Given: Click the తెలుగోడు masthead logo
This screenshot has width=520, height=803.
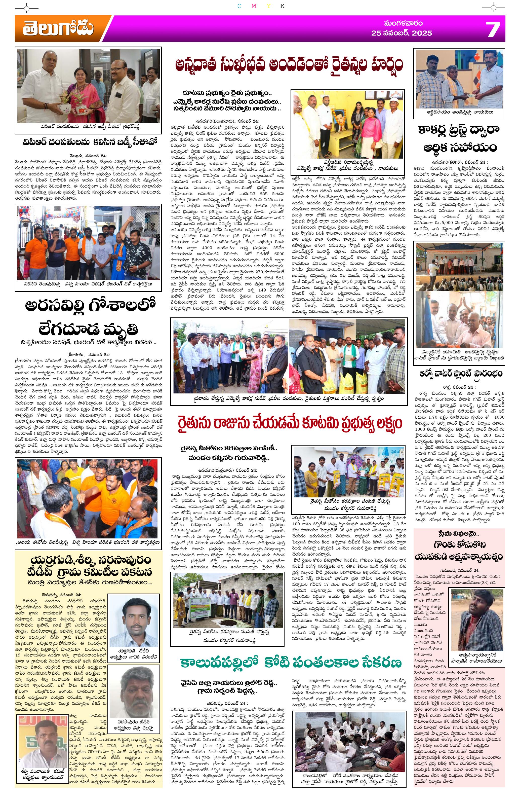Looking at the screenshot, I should click(58, 29).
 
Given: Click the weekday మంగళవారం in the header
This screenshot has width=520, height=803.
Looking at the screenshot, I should click(403, 23).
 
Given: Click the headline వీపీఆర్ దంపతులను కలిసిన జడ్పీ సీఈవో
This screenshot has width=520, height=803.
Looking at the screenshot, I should click(88, 142).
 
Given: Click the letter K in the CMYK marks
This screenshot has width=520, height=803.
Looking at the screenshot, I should click(282, 6).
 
